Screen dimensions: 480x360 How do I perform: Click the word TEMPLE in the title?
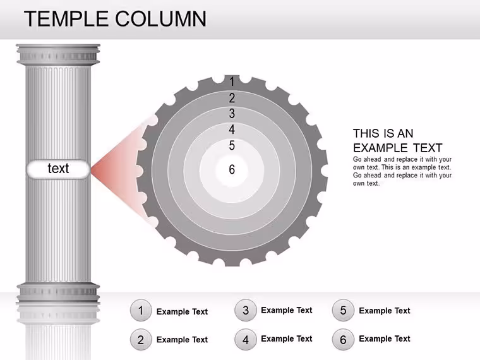click(x=66, y=19)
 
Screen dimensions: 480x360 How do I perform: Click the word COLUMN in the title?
click(x=160, y=19)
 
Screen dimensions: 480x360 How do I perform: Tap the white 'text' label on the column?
click(x=58, y=169)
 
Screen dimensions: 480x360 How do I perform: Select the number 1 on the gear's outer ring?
click(x=232, y=81)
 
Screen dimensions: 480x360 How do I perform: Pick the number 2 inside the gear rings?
click(x=232, y=98)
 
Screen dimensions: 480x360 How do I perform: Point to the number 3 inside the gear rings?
click(x=232, y=114)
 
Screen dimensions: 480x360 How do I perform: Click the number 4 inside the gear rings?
click(x=232, y=129)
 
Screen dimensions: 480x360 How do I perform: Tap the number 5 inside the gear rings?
click(x=232, y=145)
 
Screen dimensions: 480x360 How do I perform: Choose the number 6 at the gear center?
click(x=232, y=169)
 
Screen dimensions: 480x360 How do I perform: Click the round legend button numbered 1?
click(x=141, y=310)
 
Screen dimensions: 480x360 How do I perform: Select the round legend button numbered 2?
click(x=141, y=340)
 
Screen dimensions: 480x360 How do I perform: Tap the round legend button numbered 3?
click(x=246, y=310)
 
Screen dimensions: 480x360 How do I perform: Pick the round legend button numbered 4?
click(x=246, y=340)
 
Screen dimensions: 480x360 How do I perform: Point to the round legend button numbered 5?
click(x=343, y=310)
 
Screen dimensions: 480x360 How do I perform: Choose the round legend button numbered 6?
click(x=343, y=340)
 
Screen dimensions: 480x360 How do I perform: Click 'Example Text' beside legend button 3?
click(x=287, y=310)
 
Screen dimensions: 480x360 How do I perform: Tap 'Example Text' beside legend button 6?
click(x=385, y=339)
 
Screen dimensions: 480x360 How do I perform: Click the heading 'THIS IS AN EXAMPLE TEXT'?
click(x=398, y=140)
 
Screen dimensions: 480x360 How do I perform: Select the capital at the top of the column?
click(x=58, y=55)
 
